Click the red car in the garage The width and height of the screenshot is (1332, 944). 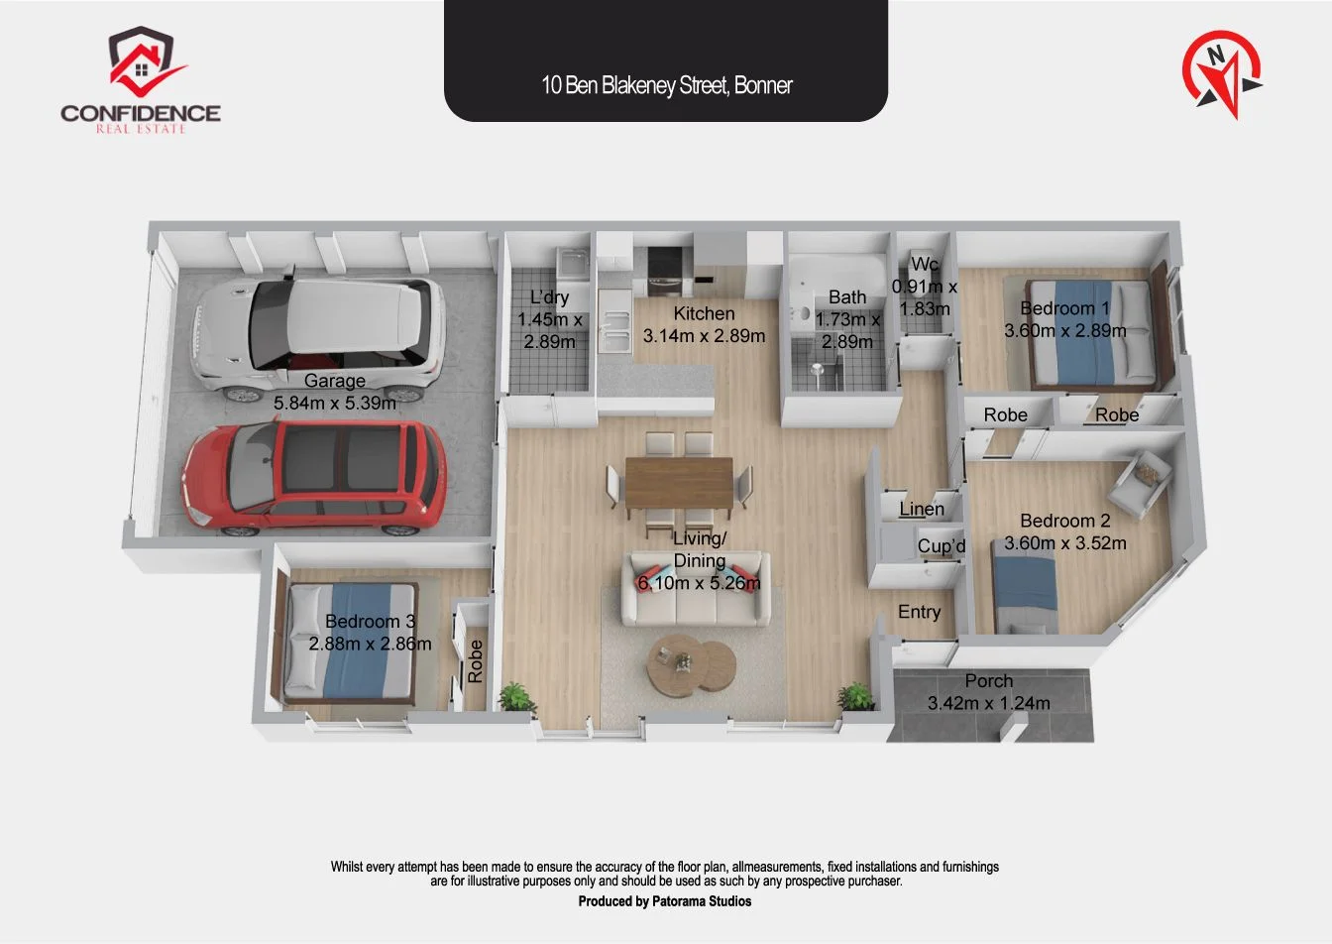click(x=315, y=477)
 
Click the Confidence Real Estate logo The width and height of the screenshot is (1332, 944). click(x=141, y=79)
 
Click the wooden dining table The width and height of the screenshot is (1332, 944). click(x=679, y=482)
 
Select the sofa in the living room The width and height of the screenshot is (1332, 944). click(x=696, y=589)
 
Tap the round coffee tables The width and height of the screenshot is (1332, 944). click(x=691, y=664)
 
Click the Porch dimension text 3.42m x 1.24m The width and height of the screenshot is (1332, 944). click(x=988, y=703)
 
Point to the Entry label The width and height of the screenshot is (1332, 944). click(x=919, y=612)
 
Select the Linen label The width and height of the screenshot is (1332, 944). click(x=921, y=509)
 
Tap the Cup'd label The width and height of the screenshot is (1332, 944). click(x=942, y=545)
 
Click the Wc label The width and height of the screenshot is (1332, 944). click(x=925, y=264)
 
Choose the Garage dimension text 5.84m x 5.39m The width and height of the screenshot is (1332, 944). click(x=335, y=403)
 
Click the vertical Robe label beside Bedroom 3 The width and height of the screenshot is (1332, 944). click(x=475, y=660)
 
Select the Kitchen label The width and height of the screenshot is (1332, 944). click(x=704, y=313)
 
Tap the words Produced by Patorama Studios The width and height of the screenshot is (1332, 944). click(x=665, y=901)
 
